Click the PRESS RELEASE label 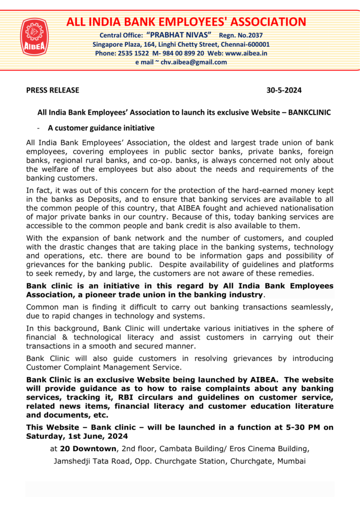pyautogui.click(x=52, y=90)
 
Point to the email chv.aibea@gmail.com pyautogui.click(x=186, y=62)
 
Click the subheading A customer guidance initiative pyautogui.click(x=101, y=128)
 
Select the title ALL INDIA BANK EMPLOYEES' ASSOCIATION pyautogui.click(x=186, y=22)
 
